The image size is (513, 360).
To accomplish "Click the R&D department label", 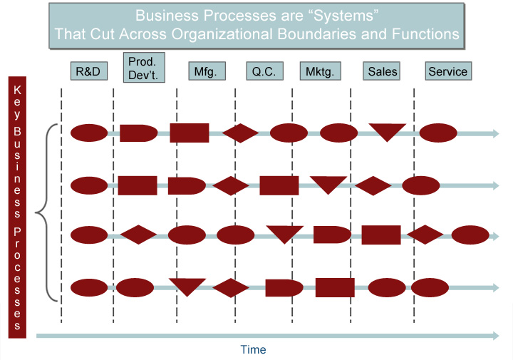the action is coord(89,71).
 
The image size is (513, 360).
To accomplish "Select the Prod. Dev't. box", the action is coord(144,68).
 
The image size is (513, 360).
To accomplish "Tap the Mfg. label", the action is coord(207,71).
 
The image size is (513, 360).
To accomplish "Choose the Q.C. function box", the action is coord(264,71).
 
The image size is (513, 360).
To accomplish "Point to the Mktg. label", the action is coord(321,71).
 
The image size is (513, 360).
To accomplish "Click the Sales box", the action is coord(381,71).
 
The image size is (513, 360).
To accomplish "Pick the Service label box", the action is coord(448,71).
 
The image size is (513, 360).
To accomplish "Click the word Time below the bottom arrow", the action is coord(253,349).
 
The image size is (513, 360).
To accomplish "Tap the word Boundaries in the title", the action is coord(316,34).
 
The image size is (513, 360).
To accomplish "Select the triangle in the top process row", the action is coord(388,132).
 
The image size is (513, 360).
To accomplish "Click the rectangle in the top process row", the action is coord(190,133).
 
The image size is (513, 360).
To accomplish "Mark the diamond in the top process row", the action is coord(241,133).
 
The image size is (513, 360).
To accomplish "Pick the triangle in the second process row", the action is coord(328,185).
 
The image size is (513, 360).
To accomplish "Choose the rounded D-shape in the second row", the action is coord(187,186).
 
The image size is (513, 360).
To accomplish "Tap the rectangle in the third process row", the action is coord(381,235).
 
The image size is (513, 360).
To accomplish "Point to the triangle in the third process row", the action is coord(284,234).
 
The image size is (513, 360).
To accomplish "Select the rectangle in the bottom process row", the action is coord(335,288).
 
